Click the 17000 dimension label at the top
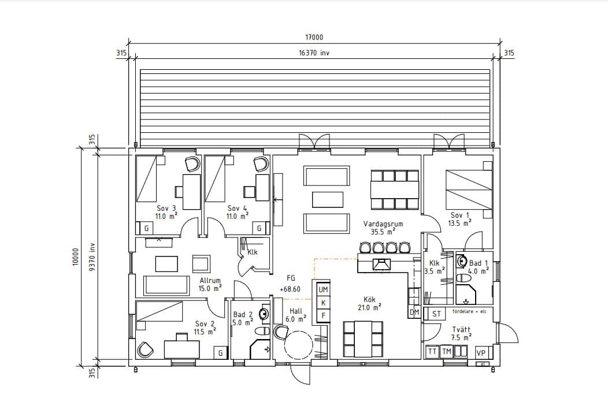[314, 37]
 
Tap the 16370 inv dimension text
[314, 53]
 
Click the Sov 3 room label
[166, 208]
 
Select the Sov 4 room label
[238, 208]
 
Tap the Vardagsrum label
[383, 224]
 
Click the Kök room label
[369, 299]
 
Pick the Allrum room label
[210, 280]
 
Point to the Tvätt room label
[461, 329]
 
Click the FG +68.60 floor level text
[291, 284]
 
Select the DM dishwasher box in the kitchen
[414, 312]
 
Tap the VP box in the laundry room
[481, 352]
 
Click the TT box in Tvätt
[432, 351]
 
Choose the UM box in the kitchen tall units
[323, 289]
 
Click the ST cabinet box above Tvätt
[436, 314]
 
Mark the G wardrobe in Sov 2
[220, 353]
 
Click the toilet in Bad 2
[262, 331]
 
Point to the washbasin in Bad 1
[461, 261]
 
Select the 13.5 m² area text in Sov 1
[459, 223]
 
